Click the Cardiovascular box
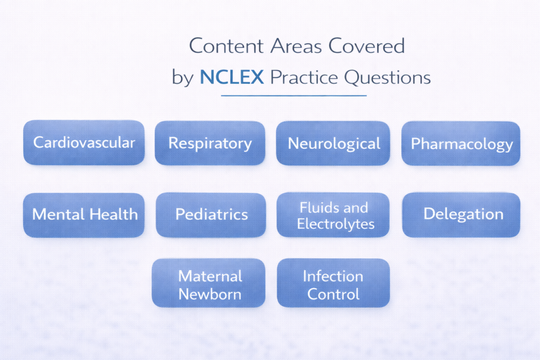(x=84, y=142)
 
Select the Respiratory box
(x=210, y=143)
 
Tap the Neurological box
(x=333, y=143)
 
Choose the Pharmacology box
(x=461, y=143)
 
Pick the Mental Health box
(x=84, y=215)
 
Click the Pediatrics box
(x=211, y=215)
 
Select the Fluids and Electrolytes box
(x=333, y=215)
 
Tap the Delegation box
(x=461, y=215)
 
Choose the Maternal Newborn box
(x=209, y=283)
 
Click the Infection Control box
(x=333, y=283)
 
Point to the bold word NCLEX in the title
(x=232, y=78)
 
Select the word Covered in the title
(x=367, y=47)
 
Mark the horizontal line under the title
(x=293, y=95)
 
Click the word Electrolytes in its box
(x=335, y=223)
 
